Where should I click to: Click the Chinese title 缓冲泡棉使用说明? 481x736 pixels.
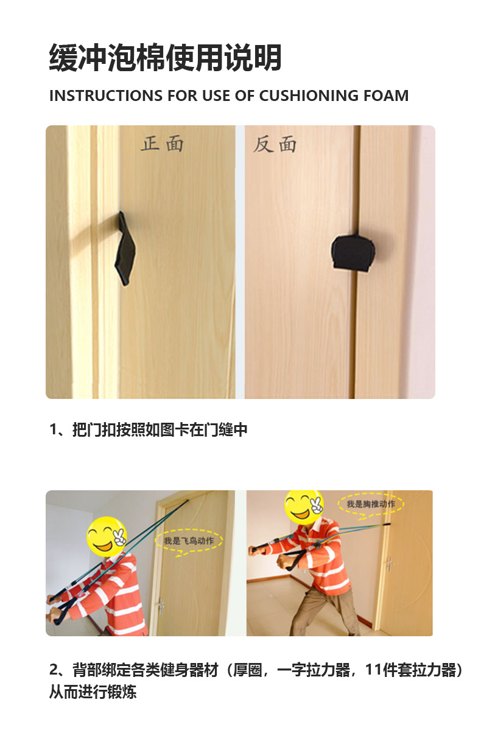165,59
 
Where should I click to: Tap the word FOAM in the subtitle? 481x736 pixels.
386,96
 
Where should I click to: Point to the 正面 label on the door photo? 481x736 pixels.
162,144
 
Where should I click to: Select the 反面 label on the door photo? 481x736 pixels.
275,144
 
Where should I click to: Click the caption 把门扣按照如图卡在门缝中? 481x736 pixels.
160,430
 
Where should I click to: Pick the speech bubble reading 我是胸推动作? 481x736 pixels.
371,504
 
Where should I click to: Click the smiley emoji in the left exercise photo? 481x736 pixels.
106,535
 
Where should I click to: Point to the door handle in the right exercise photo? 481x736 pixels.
389,563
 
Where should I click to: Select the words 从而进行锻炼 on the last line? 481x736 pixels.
93,692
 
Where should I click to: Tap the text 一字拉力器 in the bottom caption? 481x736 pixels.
314,671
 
